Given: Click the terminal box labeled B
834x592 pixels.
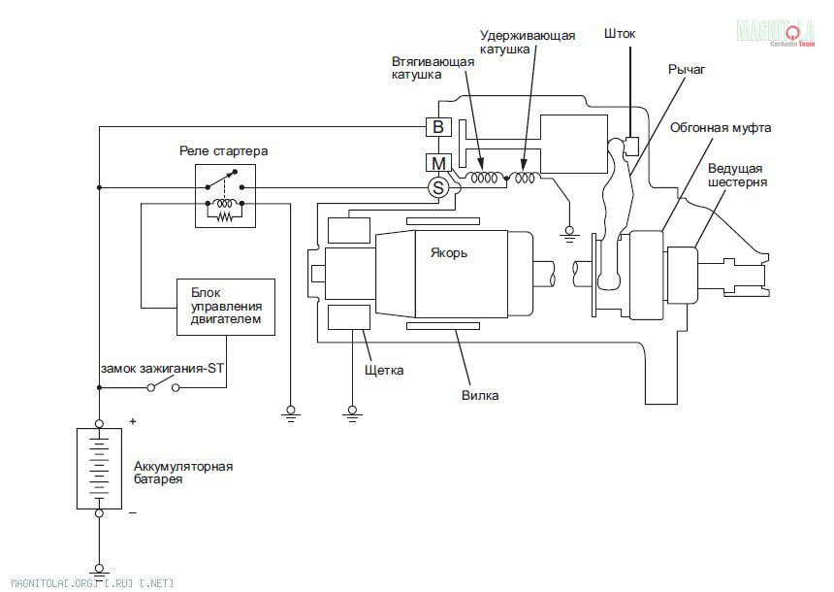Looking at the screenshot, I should point(437,127).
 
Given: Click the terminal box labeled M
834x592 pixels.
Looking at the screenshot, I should point(437,162).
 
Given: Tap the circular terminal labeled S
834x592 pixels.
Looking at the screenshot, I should point(437,186).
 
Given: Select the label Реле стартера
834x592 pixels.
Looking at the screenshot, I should point(223,151).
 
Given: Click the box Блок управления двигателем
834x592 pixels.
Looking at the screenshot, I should point(225,305).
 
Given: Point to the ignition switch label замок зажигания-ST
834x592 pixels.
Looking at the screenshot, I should point(161,369).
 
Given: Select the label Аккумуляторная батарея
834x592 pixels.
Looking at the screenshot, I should point(183,473).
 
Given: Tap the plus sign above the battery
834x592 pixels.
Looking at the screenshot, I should point(132,422).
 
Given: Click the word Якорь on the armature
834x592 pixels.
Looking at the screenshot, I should point(449,253).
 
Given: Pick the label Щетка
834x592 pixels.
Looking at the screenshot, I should point(384,370).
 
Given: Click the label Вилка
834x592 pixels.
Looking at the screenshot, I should point(481,395).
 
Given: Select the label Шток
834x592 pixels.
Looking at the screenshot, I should point(619,34).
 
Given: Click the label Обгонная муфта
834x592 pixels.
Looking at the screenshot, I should point(721,127).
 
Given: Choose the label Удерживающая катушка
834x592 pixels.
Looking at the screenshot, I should point(528,43).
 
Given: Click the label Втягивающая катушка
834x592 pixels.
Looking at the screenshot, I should point(433,68).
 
